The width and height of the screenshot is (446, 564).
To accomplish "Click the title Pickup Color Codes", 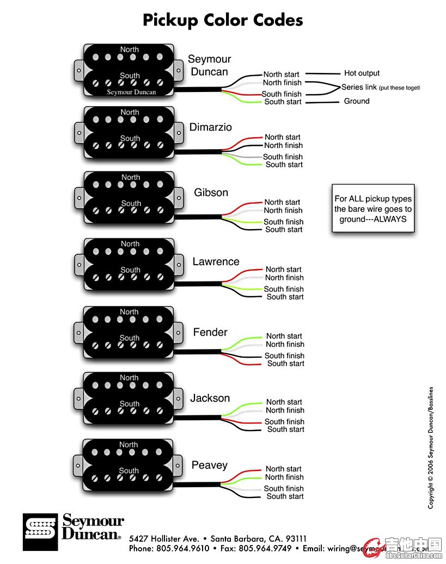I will click(x=223, y=20).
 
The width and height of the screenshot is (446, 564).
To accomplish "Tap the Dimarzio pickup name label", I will click(x=210, y=127).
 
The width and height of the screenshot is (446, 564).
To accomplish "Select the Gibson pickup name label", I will click(x=211, y=193).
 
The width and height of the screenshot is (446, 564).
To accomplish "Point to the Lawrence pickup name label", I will click(x=216, y=262).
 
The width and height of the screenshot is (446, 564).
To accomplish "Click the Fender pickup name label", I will click(x=210, y=332).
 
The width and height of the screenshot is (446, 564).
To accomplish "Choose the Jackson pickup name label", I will click(x=210, y=399).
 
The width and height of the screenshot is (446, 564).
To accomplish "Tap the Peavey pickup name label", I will click(x=209, y=465).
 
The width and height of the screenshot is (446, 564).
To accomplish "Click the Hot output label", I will click(x=362, y=73).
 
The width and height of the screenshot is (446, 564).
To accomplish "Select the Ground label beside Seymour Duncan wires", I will click(x=357, y=101).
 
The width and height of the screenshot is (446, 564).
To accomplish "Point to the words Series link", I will click(x=359, y=87).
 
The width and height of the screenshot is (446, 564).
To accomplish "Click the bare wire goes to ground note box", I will click(x=373, y=209).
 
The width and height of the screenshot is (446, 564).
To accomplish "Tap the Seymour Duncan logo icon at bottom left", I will click(x=39, y=532).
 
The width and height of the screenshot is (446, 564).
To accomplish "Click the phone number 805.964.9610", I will click(x=182, y=548).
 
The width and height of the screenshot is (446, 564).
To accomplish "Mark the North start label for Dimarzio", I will click(x=283, y=137).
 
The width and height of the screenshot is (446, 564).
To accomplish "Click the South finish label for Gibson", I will click(x=283, y=222).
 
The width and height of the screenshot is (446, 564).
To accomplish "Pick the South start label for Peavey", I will click(x=285, y=496).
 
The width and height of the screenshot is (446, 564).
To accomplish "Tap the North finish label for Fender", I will click(x=285, y=344).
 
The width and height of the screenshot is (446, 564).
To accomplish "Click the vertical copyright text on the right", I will click(x=431, y=447).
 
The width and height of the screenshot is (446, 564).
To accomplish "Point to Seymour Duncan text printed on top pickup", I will click(x=131, y=92).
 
